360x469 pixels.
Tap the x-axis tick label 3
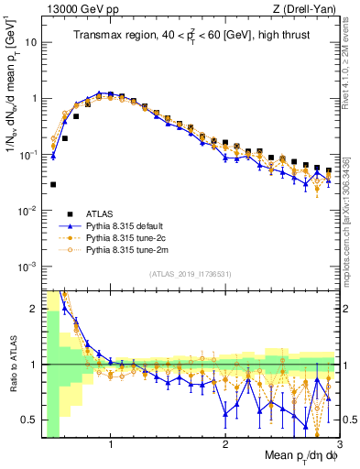click(338, 446)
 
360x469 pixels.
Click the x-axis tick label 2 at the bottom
click(224, 446)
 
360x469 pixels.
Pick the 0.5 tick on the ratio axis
click(29, 420)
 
